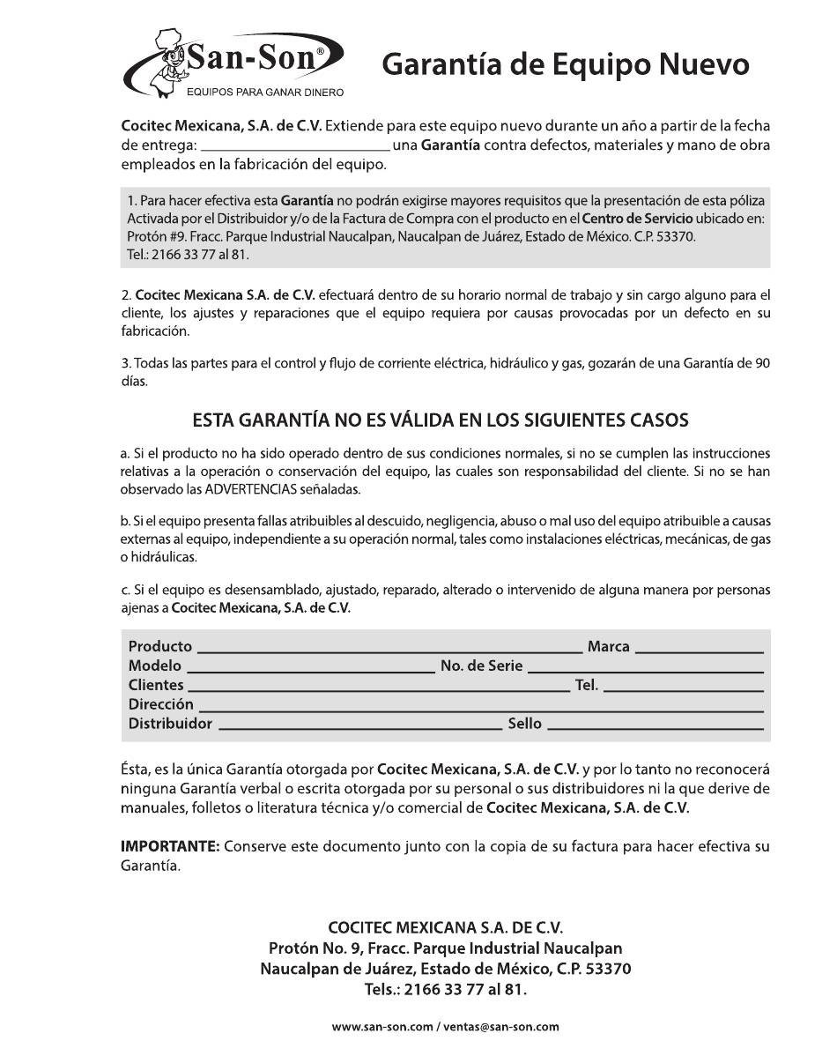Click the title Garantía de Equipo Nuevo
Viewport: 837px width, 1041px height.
(x=566, y=64)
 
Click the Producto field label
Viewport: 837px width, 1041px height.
(x=159, y=646)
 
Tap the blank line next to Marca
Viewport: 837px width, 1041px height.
(x=699, y=650)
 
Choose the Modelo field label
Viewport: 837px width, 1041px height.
(x=154, y=665)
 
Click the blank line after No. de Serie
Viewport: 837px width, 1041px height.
(x=645, y=669)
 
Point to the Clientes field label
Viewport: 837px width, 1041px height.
(x=156, y=685)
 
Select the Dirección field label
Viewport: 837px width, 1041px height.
(x=160, y=704)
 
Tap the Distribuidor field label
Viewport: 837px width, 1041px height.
(x=170, y=724)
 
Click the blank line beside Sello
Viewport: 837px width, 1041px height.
(x=655, y=727)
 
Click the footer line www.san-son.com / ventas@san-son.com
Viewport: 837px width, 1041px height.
(x=445, y=1027)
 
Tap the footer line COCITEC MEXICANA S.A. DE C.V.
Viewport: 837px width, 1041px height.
(x=445, y=927)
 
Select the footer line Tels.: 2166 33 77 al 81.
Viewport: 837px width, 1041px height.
(x=445, y=989)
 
